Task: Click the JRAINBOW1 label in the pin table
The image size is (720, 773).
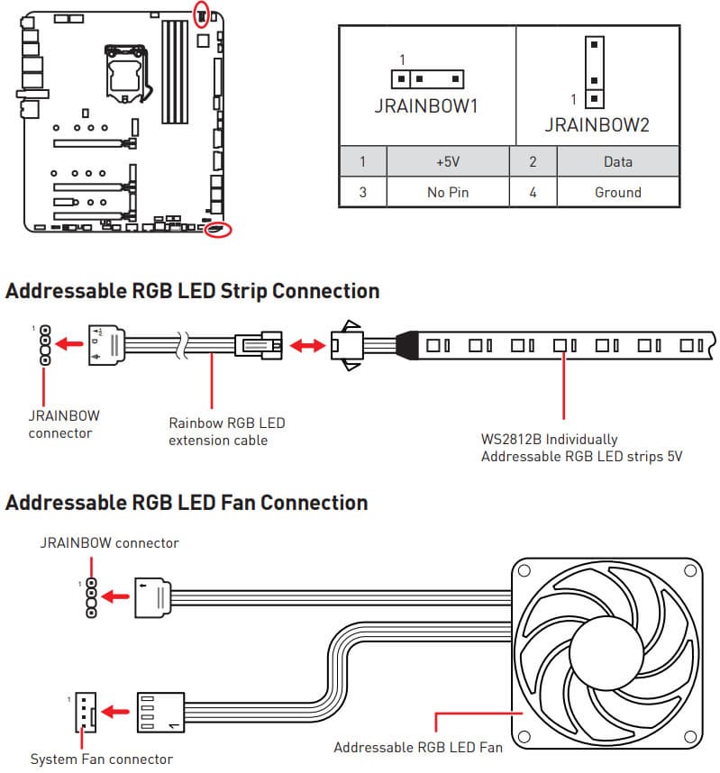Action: [x=426, y=106]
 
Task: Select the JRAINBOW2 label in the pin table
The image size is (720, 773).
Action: [x=597, y=125]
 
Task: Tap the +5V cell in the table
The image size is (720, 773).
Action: [x=448, y=162]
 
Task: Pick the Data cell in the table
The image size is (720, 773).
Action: [x=617, y=162]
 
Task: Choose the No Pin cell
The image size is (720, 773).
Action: [x=448, y=192]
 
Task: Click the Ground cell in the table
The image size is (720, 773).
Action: [x=617, y=192]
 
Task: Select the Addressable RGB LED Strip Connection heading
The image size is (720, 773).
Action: [x=192, y=291]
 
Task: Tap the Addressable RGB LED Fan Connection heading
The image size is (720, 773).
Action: [x=187, y=502]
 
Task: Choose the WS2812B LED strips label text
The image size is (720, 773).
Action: [x=581, y=448]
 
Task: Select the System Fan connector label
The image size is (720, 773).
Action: [x=101, y=759]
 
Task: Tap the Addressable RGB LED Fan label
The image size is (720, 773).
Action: [x=417, y=747]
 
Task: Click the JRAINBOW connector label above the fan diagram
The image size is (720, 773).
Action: [x=108, y=543]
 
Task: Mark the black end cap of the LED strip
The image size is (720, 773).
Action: [x=406, y=344]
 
